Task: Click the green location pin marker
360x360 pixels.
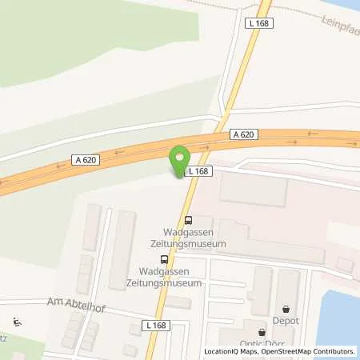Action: (179, 159)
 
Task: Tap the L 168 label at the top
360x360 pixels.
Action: (263, 24)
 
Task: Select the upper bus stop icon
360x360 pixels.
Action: (188, 221)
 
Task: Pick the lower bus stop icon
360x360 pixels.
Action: (164, 259)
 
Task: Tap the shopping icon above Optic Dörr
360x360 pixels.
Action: (261, 332)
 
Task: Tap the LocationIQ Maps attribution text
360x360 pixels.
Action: (233, 351)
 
